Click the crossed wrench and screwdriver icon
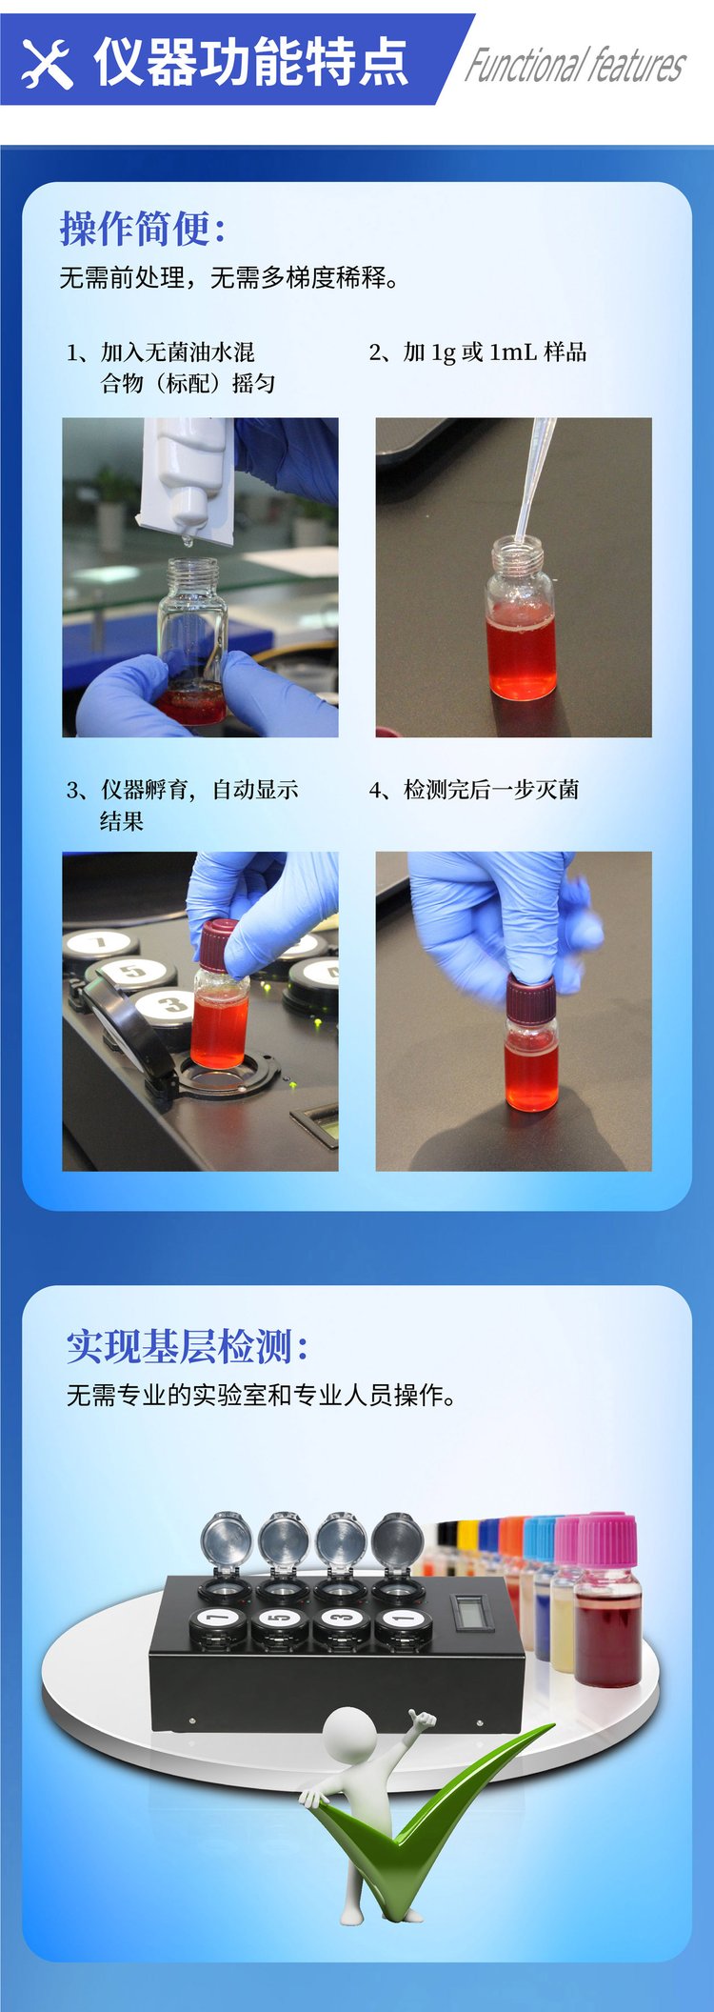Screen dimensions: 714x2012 [47, 64]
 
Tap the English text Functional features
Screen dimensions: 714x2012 [575, 66]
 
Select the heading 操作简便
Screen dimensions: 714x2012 [143, 229]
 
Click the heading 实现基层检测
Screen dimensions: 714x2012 [188, 1346]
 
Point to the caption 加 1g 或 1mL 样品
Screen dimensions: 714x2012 [478, 352]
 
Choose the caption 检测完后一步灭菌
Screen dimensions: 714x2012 [474, 790]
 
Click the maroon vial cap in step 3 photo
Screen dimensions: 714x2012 [219, 944]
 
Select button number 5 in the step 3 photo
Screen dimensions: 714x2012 [131, 973]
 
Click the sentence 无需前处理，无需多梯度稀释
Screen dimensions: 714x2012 [229, 278]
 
